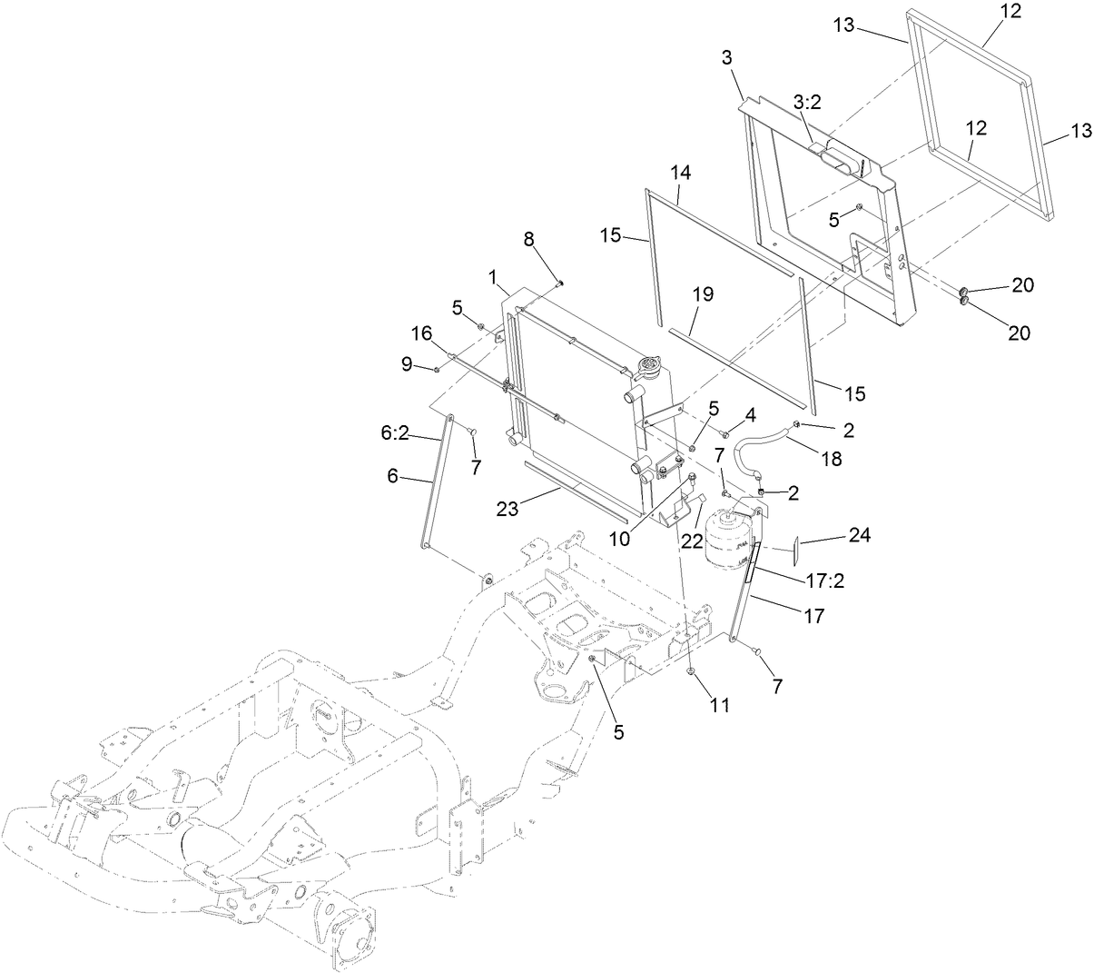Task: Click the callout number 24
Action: tap(859, 536)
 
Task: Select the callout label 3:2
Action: tap(806, 104)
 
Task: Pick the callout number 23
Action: tap(508, 510)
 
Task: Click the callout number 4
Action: tap(750, 415)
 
